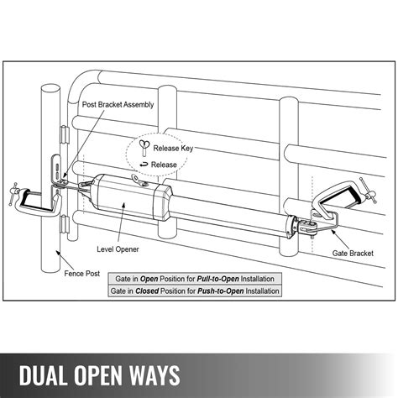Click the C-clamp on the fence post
(x=34, y=201)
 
